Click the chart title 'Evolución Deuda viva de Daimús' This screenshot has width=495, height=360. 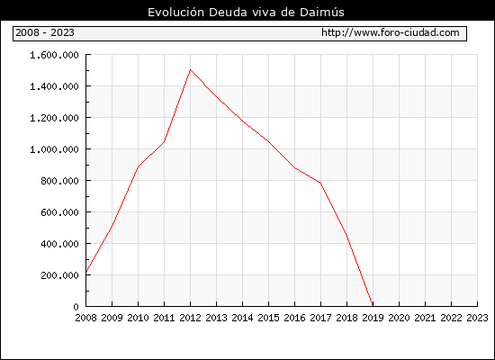(x=246, y=13)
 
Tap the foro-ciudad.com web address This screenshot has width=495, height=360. (x=391, y=32)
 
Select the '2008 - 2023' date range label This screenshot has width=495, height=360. (x=45, y=32)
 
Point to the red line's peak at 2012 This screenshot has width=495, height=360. (x=190, y=70)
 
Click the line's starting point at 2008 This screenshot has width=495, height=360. (x=86, y=272)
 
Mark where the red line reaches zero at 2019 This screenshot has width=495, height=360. (x=373, y=305)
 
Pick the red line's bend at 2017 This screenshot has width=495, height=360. (x=320, y=183)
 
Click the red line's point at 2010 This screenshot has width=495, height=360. (x=139, y=166)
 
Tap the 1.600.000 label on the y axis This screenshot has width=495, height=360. (x=54, y=55)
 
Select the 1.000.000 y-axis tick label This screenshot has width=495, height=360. (x=54, y=149)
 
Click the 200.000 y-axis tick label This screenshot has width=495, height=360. (x=59, y=275)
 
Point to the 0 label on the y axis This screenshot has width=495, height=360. (x=76, y=307)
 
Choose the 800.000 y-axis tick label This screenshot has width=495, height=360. (x=59, y=181)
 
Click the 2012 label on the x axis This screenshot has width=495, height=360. (x=190, y=318)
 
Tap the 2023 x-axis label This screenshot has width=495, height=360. (x=477, y=318)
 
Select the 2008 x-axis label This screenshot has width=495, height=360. (x=85, y=318)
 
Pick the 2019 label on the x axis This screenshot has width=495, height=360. (x=373, y=318)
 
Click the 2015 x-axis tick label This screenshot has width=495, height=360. (x=268, y=318)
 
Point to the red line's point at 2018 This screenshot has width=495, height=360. (x=346, y=235)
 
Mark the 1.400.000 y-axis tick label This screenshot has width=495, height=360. (x=54, y=86)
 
